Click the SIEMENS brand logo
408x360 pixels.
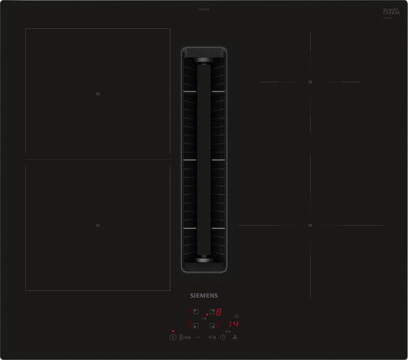tap(204, 296)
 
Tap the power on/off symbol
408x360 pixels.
tap(173, 337)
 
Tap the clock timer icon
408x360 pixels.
tap(223, 337)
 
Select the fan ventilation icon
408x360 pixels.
tap(236, 337)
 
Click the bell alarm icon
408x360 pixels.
tap(236, 315)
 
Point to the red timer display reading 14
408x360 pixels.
tap(234, 325)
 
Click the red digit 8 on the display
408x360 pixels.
tap(218, 312)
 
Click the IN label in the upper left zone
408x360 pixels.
tap(97, 94)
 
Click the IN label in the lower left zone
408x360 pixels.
tap(97, 225)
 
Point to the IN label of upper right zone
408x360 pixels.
tap(310, 82)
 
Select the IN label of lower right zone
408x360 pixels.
tap(310, 225)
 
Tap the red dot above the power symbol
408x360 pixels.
tap(173, 330)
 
